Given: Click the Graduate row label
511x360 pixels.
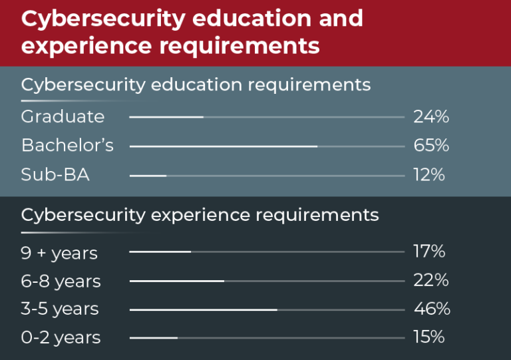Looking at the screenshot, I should [63, 117].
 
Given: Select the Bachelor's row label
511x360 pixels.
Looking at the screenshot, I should [67, 146].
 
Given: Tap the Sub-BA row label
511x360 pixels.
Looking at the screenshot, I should [55, 175].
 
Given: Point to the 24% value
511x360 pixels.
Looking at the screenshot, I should [431, 117].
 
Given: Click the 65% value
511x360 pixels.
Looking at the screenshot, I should [431, 146].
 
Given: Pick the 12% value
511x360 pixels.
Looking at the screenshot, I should [429, 175].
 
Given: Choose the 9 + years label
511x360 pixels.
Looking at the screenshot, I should [59, 254].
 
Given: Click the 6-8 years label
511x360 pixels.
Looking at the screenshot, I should [61, 281].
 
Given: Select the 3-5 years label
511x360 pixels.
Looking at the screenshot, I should [60, 309].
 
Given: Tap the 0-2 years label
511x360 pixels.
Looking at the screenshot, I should [61, 338].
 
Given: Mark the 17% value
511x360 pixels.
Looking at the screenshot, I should [429, 252].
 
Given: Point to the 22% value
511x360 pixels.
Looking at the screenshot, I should [431, 281].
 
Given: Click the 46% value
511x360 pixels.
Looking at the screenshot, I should [432, 309].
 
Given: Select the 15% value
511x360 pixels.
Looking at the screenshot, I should [429, 337].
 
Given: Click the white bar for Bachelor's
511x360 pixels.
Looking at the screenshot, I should [223, 146].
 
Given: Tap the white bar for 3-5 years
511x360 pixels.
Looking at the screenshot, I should [203, 310].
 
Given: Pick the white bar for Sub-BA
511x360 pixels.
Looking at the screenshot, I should [148, 176].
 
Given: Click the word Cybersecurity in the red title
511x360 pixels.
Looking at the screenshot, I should [102, 19].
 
